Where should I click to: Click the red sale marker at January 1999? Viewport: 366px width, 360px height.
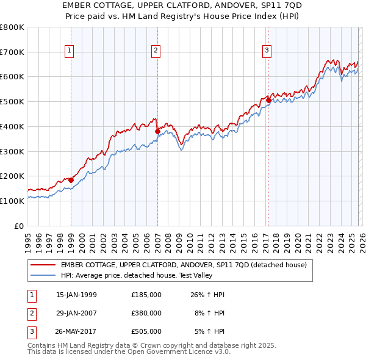point(71,180)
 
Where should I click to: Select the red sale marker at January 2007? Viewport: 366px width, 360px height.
point(157,131)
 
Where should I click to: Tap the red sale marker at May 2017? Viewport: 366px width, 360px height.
point(268,101)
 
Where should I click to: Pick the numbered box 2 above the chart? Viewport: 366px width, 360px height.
point(156,51)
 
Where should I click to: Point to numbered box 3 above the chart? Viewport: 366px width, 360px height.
point(267,51)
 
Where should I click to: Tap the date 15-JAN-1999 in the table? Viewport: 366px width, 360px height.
point(76,295)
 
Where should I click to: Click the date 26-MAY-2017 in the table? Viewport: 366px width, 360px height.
point(76,331)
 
